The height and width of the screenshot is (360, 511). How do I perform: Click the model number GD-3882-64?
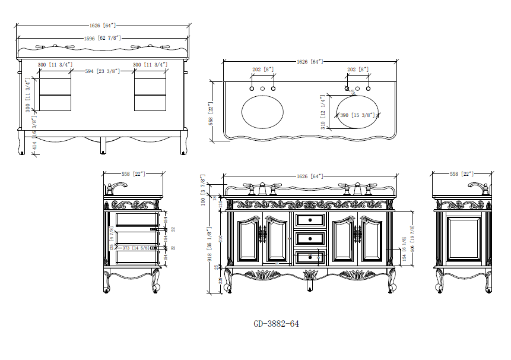276,324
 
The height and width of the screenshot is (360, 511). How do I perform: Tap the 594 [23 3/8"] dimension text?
102,71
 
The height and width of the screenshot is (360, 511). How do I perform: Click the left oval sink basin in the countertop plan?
262,110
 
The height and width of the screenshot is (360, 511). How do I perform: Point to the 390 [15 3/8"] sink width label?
356,115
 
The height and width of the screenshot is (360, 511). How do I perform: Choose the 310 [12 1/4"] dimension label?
323,112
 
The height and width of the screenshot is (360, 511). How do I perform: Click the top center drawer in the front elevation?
310,220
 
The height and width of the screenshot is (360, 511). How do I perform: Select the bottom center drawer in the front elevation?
310,257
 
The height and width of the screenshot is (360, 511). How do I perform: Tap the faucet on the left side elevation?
116,188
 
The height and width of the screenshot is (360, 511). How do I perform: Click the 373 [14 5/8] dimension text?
135,248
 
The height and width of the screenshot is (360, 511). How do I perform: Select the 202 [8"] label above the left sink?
263,70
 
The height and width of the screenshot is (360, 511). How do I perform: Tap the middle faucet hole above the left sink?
262,89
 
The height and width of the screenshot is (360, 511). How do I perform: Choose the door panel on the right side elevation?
464,238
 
